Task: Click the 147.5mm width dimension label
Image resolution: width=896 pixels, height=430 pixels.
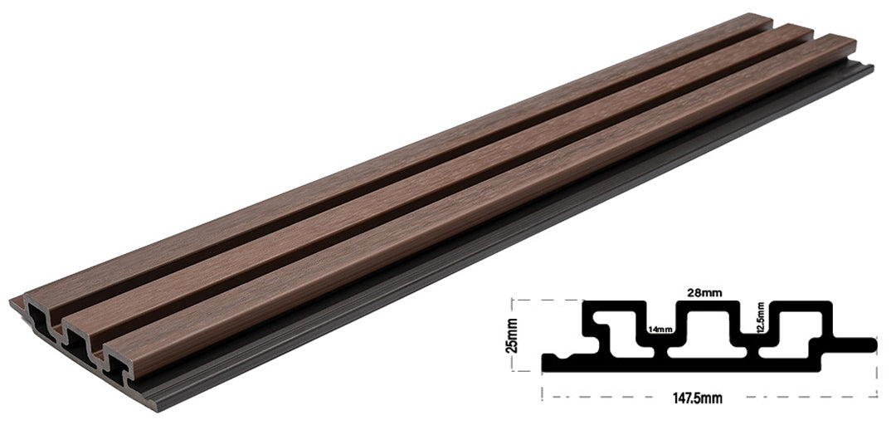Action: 698,399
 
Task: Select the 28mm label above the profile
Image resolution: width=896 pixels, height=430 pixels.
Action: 703,292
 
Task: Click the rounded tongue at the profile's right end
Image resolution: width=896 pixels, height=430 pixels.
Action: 863,343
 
